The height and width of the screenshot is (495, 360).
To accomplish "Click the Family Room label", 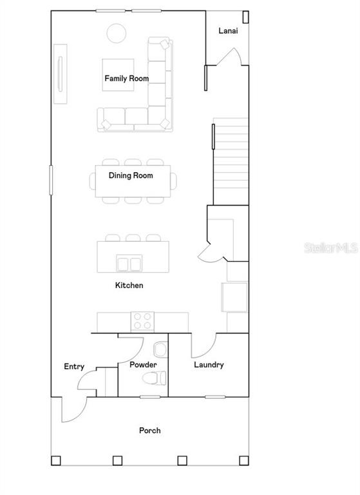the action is [x=126, y=78].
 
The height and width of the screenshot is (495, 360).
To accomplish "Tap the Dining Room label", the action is [x=131, y=175].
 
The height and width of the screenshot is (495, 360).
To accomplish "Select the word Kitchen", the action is [x=129, y=286].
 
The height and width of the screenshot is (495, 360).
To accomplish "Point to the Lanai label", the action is [x=228, y=31].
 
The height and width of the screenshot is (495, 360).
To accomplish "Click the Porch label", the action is [x=150, y=431].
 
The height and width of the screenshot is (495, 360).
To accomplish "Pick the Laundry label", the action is [x=209, y=365].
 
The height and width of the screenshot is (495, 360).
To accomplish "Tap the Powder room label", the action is [x=143, y=365].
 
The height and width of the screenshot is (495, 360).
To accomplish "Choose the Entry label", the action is [x=74, y=367].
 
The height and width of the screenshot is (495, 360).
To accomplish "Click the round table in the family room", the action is [x=117, y=33].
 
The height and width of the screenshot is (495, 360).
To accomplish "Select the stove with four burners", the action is [x=142, y=322].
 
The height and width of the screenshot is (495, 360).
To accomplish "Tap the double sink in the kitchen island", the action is [x=129, y=263].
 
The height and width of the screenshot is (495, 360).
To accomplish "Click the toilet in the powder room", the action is [x=155, y=378].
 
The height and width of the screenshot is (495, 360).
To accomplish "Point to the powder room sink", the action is [x=160, y=349].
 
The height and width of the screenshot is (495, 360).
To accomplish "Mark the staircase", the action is [x=231, y=161].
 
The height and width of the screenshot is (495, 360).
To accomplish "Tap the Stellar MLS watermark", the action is [x=331, y=247].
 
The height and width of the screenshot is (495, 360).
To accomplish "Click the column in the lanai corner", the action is [x=245, y=17].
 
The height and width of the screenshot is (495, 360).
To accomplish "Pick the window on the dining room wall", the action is [x=51, y=180].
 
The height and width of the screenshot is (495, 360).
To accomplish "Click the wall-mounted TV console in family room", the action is [x=61, y=74].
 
